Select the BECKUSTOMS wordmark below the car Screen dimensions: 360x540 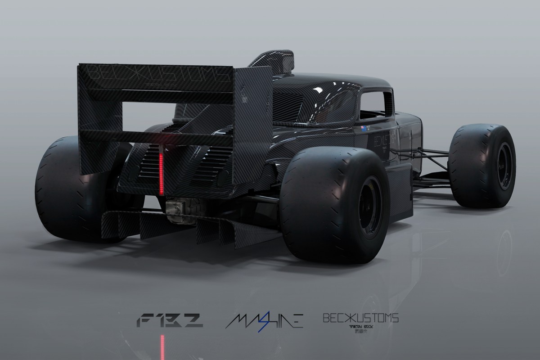point(360,318)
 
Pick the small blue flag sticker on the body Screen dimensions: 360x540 point(364,128)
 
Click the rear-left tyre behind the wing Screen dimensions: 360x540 point(58,189)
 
